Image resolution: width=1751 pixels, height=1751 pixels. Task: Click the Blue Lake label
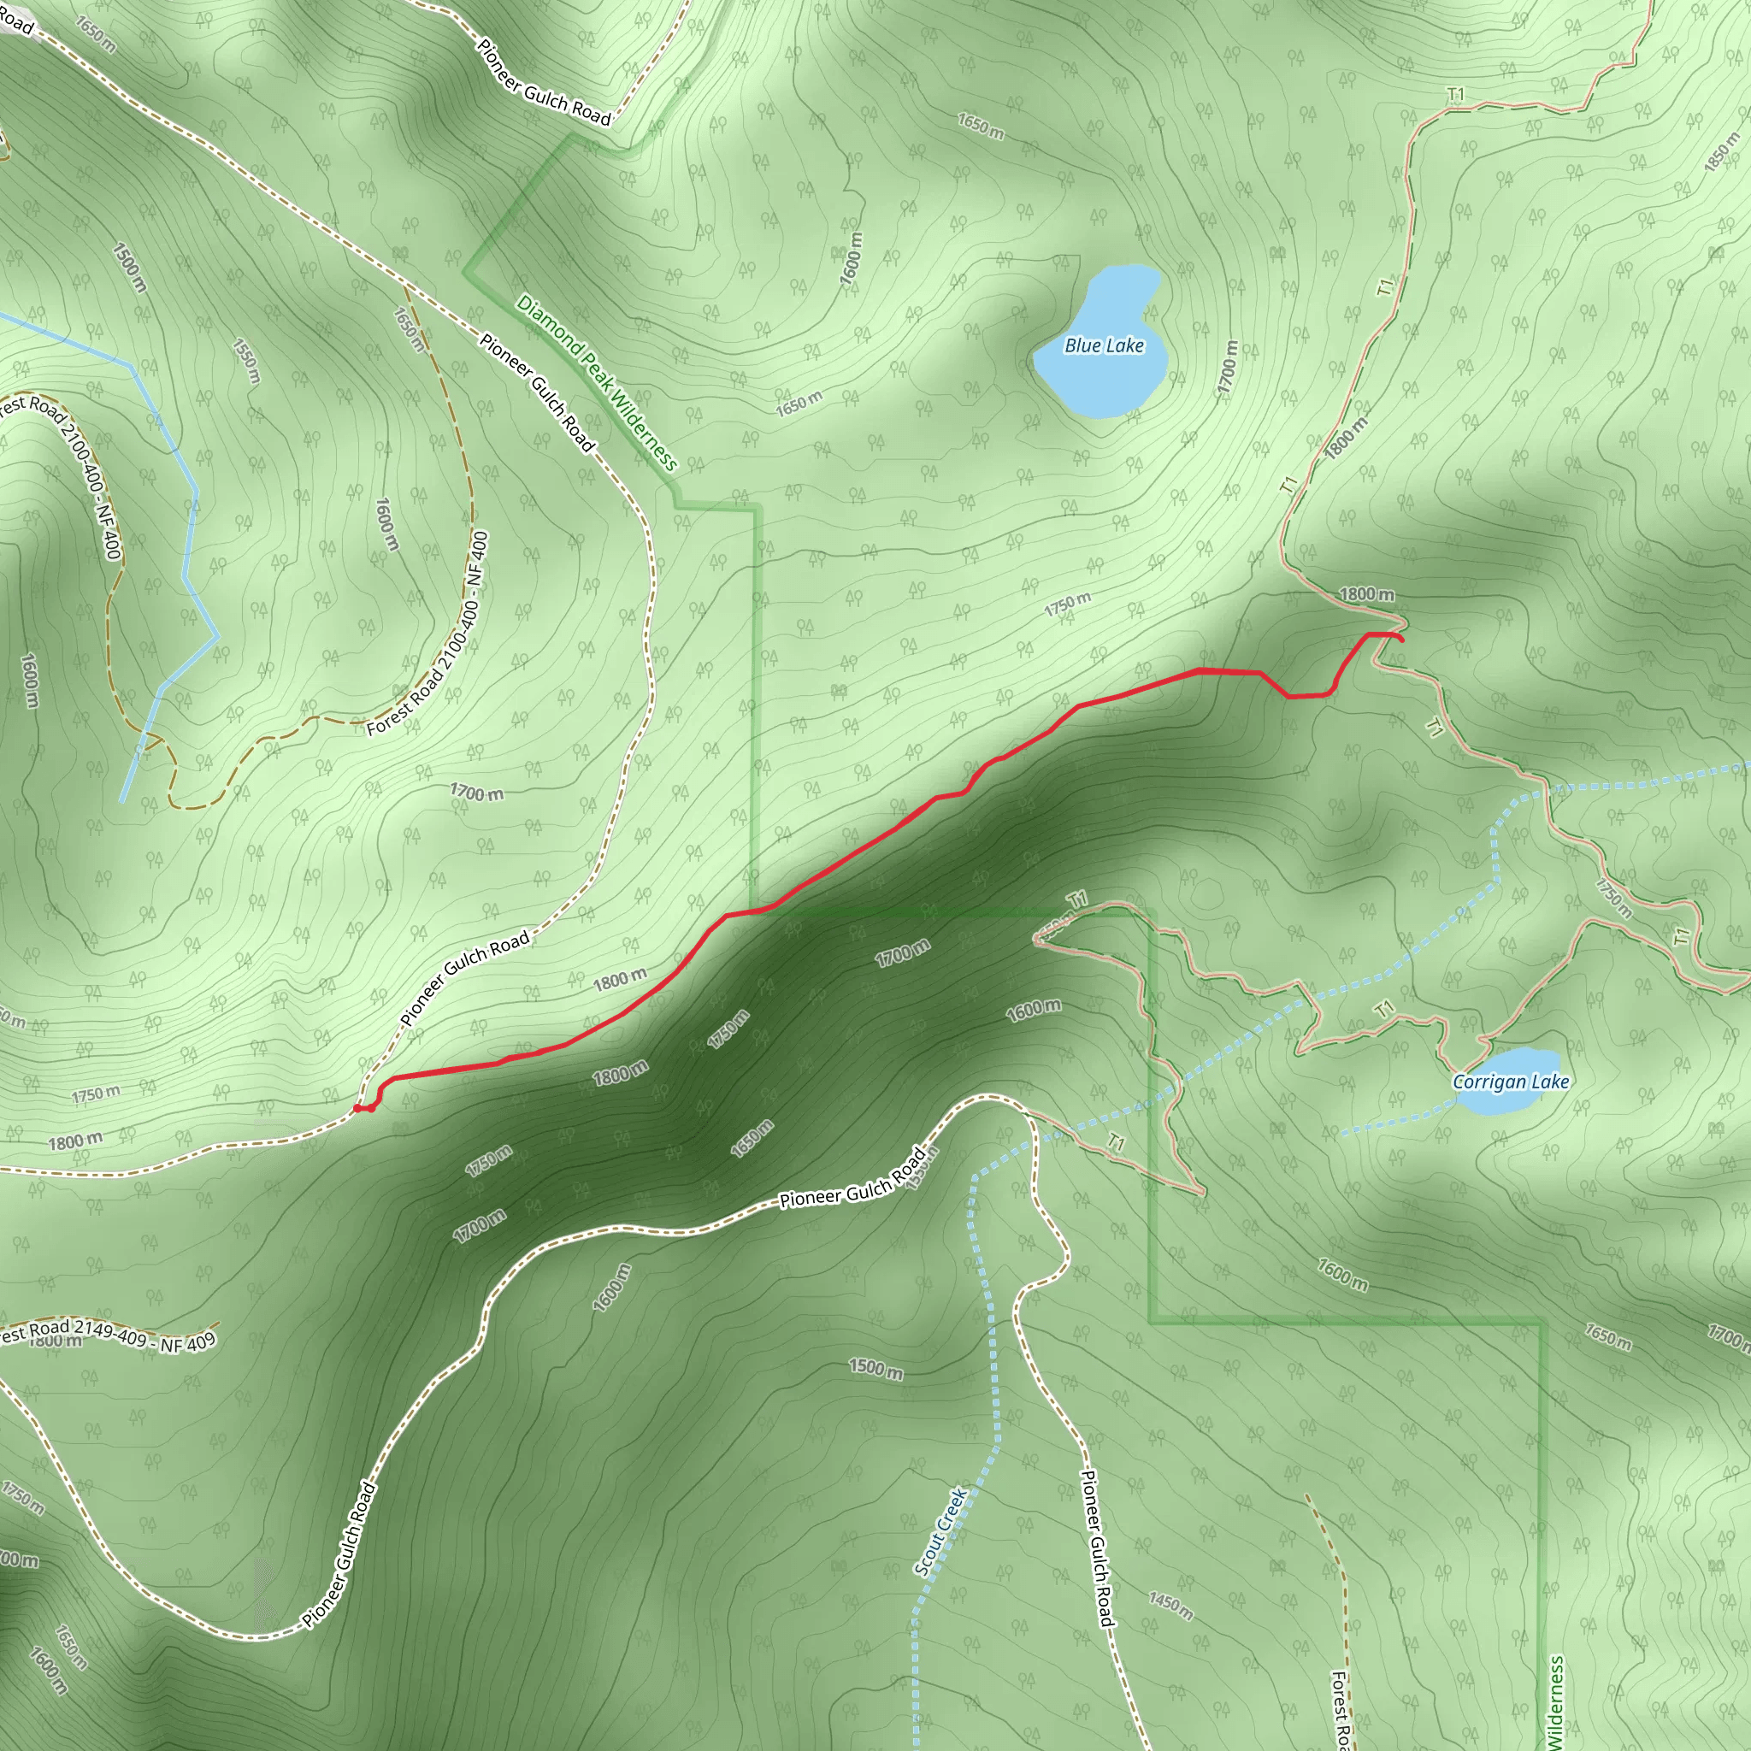pos(1103,345)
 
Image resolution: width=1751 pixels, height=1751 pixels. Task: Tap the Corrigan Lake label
pos(1510,1082)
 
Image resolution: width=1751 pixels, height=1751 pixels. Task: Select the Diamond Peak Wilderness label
pos(597,382)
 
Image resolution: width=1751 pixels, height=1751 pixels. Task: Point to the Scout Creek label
pos(940,1531)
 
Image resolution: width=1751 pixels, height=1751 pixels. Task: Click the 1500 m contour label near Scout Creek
pos(875,1369)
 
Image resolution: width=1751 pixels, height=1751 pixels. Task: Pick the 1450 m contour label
pos(1170,1605)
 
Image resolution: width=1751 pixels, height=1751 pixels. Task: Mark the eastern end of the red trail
pos(1402,640)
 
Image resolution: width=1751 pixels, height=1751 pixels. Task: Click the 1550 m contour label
pos(246,361)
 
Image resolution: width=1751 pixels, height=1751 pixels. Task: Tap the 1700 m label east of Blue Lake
pos(1227,367)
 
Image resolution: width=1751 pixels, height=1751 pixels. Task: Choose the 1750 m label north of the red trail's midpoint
pos(1067,604)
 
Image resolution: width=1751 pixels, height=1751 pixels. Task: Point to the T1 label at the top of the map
pos(1455,95)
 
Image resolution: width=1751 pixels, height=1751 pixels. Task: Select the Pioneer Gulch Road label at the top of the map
pos(544,80)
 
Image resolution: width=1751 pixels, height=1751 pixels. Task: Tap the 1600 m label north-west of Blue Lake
pos(851,259)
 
